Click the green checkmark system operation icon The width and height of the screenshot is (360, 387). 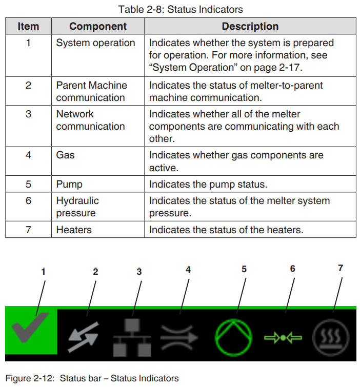[x=31, y=331]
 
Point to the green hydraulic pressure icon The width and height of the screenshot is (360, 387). [x=283, y=338]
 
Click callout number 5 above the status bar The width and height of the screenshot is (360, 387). [x=244, y=269]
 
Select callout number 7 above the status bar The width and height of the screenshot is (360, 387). [x=341, y=268]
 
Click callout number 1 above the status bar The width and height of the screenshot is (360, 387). [x=43, y=272]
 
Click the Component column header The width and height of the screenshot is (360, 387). [x=98, y=26]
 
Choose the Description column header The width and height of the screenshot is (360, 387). [x=250, y=26]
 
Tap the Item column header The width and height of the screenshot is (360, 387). [x=28, y=26]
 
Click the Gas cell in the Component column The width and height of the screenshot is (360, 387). [x=66, y=154]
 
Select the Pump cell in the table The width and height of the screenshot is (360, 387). [x=69, y=184]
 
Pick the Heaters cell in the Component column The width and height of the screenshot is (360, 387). [x=74, y=230]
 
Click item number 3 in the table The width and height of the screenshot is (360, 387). [x=28, y=114]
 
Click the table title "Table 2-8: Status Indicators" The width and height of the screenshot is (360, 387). [x=181, y=9]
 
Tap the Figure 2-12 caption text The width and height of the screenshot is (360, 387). [x=92, y=378]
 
